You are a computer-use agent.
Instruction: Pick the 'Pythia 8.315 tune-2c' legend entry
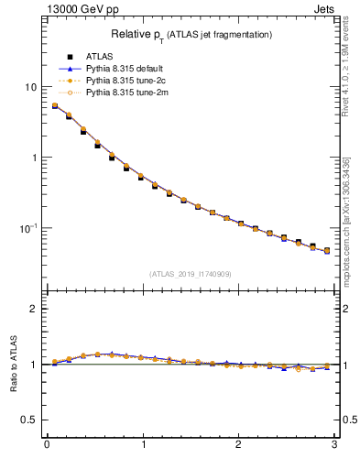pyautogui.click(x=124, y=81)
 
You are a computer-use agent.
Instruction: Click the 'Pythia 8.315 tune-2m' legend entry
pyautogui.click(x=124, y=93)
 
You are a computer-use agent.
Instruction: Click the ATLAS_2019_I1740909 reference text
pyautogui.click(x=189, y=274)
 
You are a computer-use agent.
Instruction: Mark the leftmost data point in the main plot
pyautogui.click(x=54, y=106)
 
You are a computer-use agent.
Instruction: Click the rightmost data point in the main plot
pyautogui.click(x=326, y=250)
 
